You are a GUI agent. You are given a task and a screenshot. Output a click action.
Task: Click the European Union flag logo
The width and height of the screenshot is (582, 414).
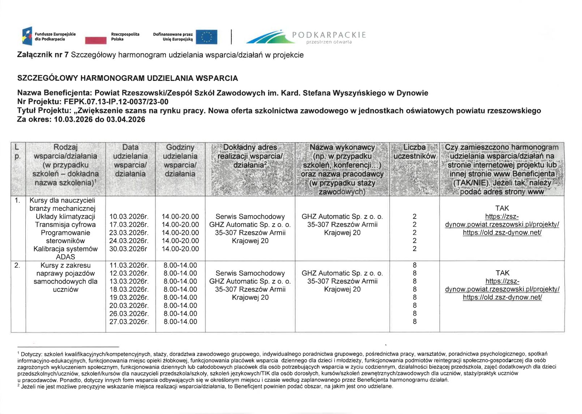point(206,37)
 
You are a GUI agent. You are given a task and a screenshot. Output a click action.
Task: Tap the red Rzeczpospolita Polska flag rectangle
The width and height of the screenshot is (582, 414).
point(96,40)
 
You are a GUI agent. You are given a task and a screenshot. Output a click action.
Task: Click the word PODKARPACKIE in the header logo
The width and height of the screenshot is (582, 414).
point(329,35)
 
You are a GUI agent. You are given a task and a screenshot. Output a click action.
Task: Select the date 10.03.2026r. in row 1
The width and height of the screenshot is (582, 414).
point(129,216)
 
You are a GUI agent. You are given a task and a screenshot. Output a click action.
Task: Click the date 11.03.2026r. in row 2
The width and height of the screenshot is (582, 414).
point(129,265)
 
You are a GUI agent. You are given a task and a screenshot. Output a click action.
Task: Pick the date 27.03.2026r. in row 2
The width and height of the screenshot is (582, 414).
point(129,322)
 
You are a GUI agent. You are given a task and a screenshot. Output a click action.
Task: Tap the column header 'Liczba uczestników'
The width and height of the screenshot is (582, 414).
point(414,152)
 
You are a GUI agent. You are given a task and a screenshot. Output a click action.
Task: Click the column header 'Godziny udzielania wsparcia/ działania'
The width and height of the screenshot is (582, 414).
point(180,160)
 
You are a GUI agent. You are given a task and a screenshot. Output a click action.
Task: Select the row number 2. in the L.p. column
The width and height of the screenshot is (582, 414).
point(17,265)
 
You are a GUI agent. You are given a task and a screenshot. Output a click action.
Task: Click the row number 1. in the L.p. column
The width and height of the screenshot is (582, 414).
point(17,200)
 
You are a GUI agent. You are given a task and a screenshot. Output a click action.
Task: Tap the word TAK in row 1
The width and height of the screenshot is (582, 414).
point(502,208)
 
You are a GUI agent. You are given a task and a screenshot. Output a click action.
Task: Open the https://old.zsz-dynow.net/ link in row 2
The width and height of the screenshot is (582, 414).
point(502,297)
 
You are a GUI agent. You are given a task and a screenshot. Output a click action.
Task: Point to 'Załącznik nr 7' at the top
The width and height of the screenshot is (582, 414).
point(43,55)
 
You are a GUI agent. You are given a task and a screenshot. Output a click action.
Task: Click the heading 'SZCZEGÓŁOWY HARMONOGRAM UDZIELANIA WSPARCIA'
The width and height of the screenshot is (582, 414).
point(128,78)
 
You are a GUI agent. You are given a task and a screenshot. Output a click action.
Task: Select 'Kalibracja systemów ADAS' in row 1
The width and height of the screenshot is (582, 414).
point(65,253)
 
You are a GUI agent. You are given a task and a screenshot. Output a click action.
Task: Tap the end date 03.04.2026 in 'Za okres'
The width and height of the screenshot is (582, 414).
point(125,119)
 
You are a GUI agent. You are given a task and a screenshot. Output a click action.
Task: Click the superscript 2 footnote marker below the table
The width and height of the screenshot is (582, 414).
point(18,385)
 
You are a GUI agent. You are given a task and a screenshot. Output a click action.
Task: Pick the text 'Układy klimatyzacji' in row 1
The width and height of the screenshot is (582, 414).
point(65,216)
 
